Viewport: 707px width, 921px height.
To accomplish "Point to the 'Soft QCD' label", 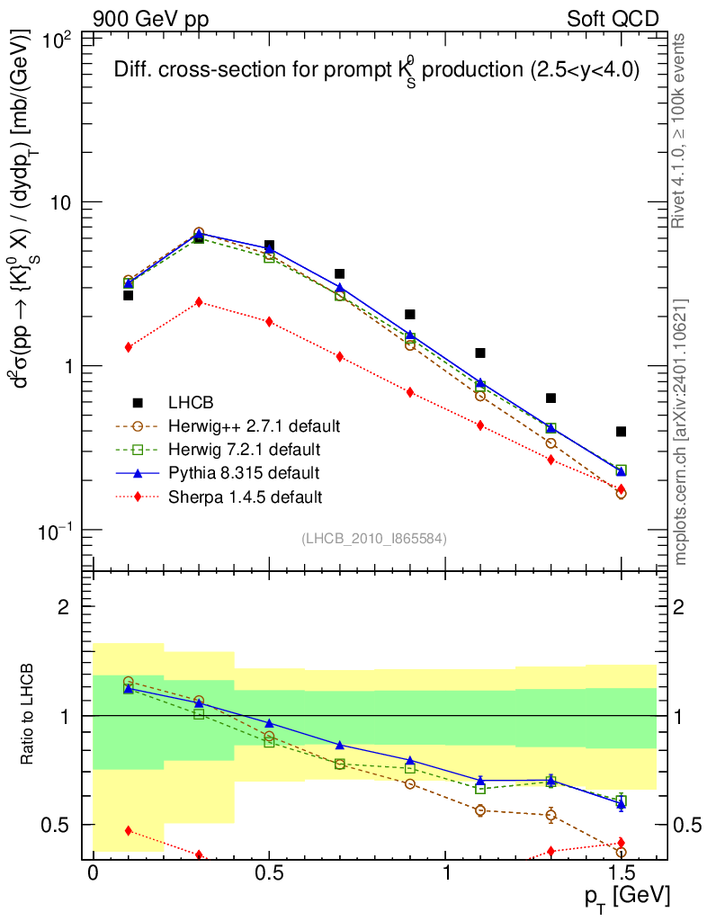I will (x=612, y=19).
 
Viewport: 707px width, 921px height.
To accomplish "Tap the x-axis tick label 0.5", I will (x=269, y=873).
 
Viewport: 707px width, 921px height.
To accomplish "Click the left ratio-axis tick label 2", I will (x=64, y=607).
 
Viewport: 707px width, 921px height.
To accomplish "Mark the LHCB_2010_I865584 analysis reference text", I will (x=373, y=538).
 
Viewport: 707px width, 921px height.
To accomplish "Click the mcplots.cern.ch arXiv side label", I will (x=681, y=432).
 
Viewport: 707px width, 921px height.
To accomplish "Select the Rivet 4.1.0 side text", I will (x=681, y=130).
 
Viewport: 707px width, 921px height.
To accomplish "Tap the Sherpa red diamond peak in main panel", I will (x=199, y=302).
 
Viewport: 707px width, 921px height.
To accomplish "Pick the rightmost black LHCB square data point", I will (x=622, y=432).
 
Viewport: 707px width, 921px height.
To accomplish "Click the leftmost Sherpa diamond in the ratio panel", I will (x=129, y=830).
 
